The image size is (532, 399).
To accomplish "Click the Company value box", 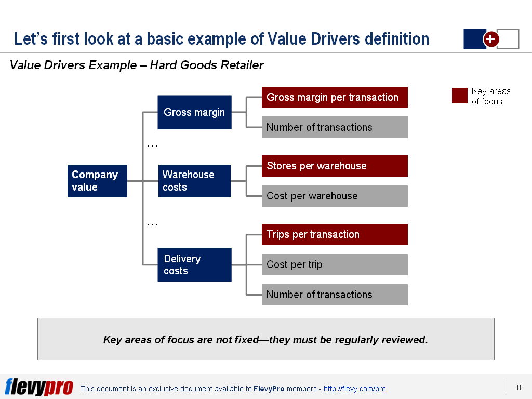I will [97, 181].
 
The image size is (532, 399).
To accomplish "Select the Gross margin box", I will [194, 112].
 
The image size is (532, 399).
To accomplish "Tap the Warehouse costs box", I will [194, 181].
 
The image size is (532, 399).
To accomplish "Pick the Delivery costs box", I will [194, 264].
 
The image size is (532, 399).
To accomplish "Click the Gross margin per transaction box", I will [335, 97].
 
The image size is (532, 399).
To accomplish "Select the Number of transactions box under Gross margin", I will [335, 127].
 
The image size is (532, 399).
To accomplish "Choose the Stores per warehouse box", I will [335, 166].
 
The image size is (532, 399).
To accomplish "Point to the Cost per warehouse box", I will [335, 196].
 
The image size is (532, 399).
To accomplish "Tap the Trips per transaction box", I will [335, 234].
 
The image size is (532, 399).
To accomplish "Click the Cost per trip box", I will [335, 264].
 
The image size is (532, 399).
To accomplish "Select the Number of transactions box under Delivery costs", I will [335, 295].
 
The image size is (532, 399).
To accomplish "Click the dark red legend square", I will [459, 96].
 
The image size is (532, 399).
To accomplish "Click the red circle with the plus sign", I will [491, 39].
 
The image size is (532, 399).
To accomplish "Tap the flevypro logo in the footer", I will [39, 387].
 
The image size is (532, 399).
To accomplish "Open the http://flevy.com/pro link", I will [354, 389].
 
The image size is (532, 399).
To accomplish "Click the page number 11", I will [518, 388].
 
